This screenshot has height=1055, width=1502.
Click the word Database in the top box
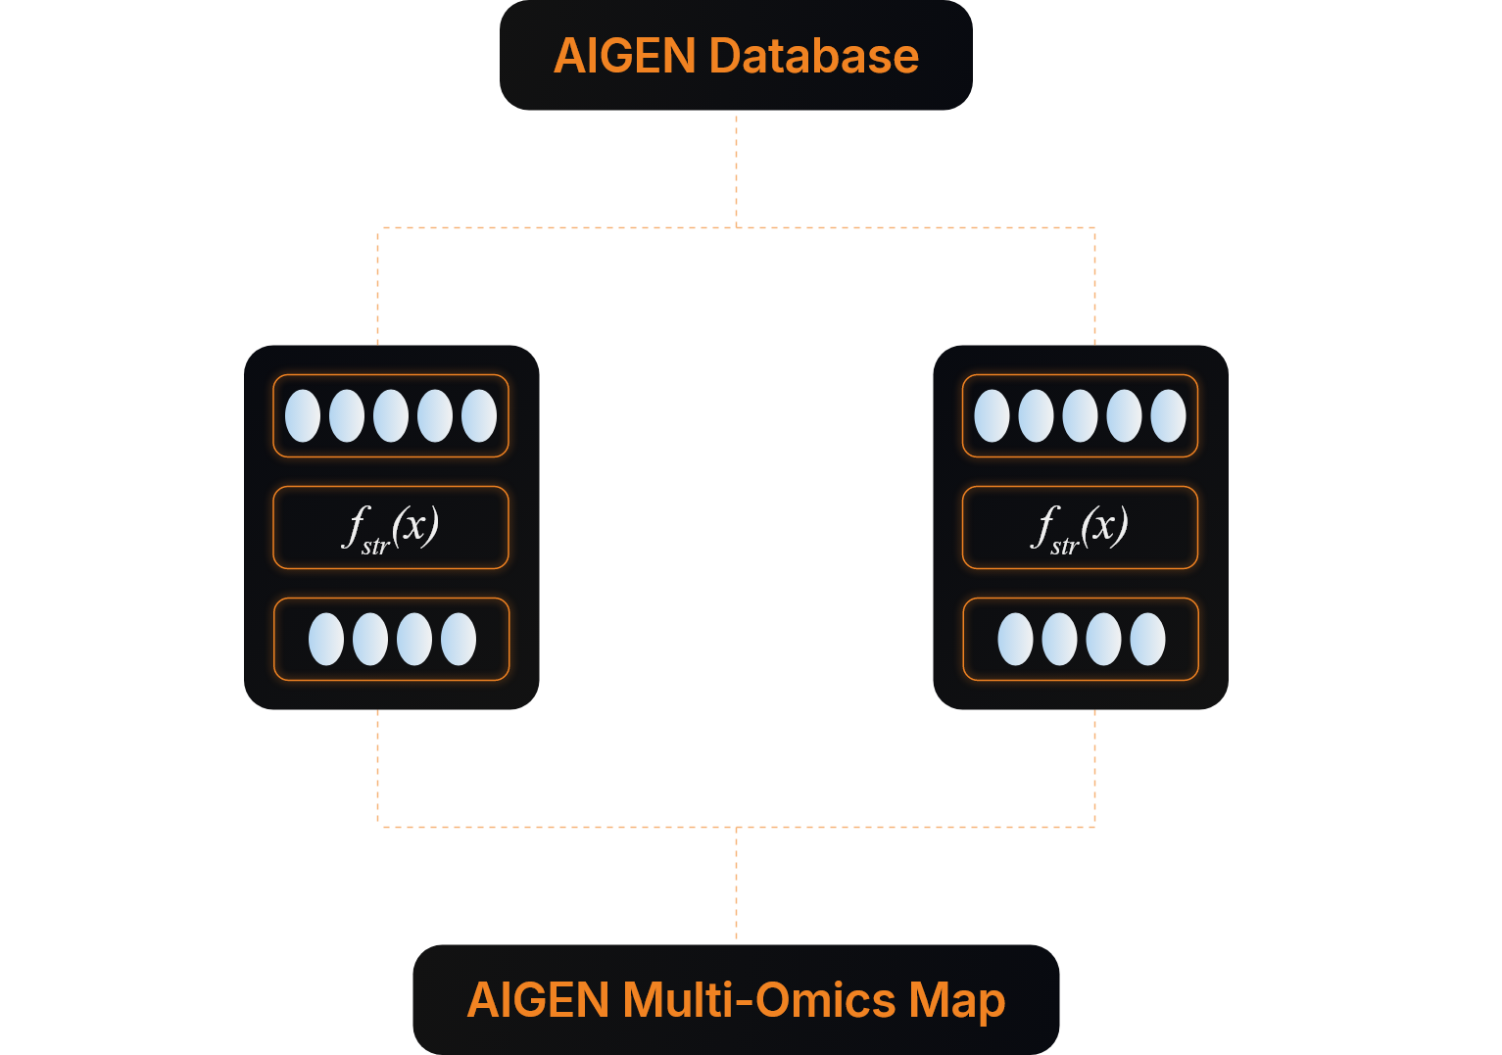coord(814,56)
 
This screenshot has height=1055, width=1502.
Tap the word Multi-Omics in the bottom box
coord(759,1000)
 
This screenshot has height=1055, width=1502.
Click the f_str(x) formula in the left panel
coord(391,528)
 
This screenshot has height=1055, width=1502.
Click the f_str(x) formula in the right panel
coord(1080,528)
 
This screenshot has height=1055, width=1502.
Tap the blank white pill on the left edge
coord(107,528)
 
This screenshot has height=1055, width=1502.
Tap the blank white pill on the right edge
coord(1379,528)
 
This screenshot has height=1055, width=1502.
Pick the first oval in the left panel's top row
coord(303,416)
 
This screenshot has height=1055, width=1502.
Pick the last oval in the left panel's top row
coord(479,416)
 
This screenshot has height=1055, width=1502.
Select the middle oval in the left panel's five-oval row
coord(391,416)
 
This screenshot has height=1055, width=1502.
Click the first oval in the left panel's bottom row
coord(326,640)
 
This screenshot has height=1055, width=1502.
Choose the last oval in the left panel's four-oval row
coord(459,640)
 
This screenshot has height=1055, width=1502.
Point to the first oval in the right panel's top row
coord(993,416)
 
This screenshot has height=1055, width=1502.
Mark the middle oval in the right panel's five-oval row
coord(1081,416)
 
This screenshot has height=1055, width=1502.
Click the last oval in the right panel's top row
coord(1169,416)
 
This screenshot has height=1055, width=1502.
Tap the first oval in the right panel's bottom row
coord(1015,640)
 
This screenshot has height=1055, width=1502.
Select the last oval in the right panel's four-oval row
coord(1148,640)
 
